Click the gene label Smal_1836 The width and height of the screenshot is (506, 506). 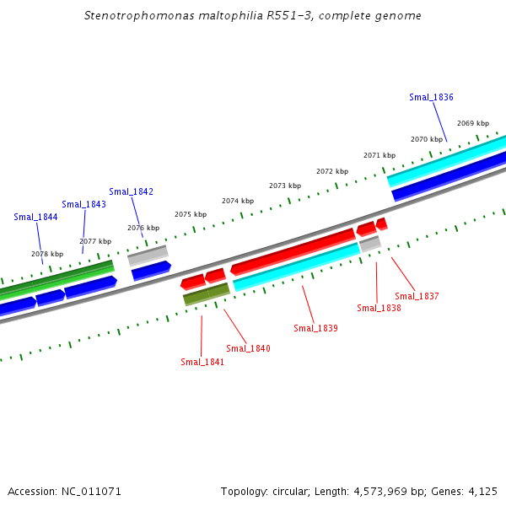point(431,97)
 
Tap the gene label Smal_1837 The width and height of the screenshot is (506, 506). point(417,296)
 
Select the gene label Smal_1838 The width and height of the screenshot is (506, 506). point(379,308)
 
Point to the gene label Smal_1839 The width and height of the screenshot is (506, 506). point(315,328)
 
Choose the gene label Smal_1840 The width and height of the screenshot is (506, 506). point(248,348)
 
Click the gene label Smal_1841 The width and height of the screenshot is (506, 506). point(202,362)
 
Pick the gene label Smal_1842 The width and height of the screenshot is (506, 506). point(131,191)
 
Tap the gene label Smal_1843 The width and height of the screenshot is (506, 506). point(83,204)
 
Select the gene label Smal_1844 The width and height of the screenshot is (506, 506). point(35,217)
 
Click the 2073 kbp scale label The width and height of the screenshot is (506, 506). point(285,186)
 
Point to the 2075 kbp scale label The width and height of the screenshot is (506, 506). point(191,214)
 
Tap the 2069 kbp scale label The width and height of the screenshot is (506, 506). point(472,123)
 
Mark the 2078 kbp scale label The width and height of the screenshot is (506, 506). point(47,254)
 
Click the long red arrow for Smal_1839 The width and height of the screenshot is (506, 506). point(293,251)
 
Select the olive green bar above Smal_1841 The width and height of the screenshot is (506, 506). point(206,293)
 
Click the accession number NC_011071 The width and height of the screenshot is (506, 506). point(90,491)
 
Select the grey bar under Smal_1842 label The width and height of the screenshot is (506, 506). point(148,256)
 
